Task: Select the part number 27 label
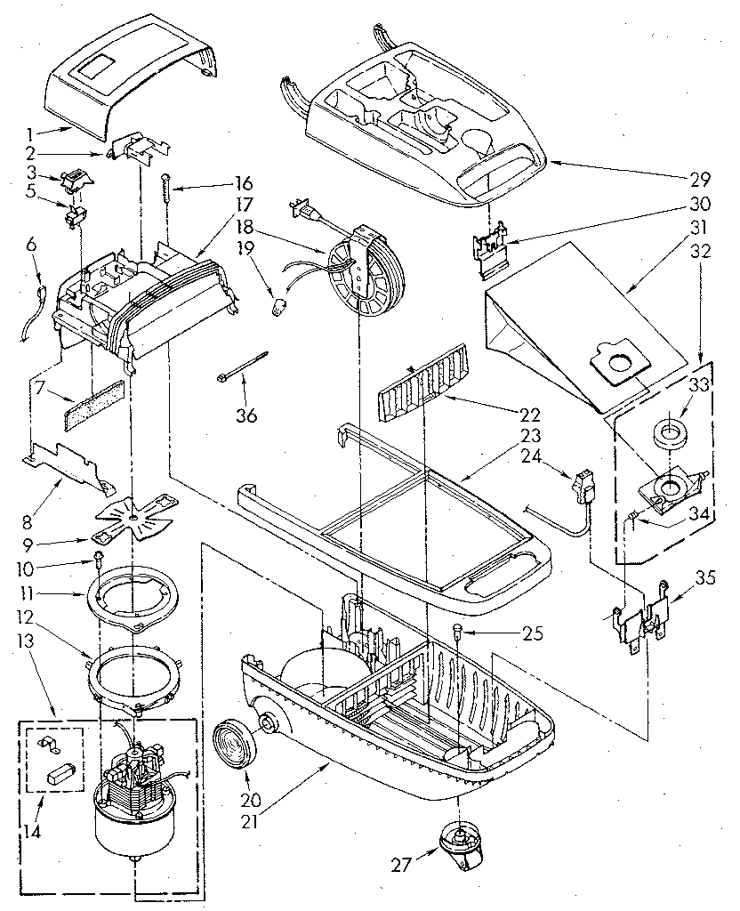[401, 862]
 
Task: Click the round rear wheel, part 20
[239, 729]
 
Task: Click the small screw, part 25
[457, 633]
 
